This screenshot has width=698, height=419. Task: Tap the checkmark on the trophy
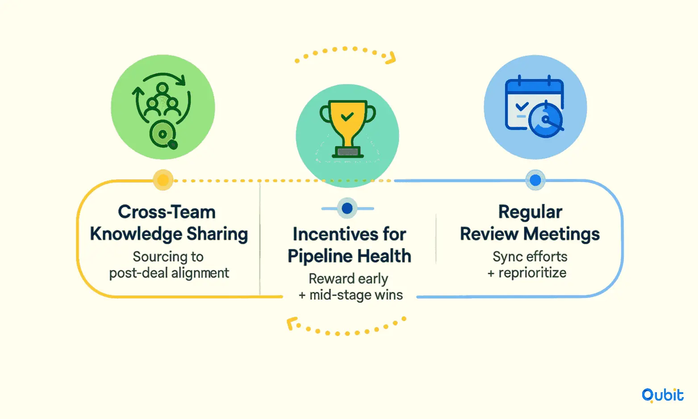347,117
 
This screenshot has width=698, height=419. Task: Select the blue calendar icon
535,106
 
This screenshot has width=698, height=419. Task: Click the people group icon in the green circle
162,100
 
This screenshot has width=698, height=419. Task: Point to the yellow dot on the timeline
163,180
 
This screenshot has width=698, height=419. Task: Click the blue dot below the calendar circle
535,180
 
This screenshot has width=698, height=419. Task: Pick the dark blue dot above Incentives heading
347,208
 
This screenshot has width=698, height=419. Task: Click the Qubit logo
662,395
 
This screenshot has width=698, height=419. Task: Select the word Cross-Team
167,212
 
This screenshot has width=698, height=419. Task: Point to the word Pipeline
320,256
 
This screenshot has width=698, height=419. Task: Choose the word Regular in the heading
530,213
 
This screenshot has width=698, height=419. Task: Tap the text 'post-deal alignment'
169,273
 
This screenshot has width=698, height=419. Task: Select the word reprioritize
532,273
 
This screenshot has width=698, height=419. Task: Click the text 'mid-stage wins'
356,295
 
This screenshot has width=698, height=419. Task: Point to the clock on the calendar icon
545,120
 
